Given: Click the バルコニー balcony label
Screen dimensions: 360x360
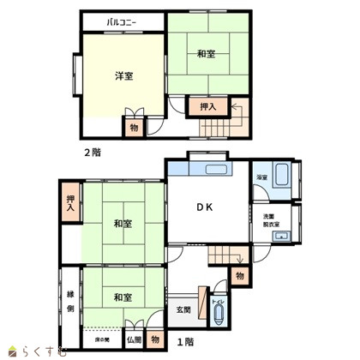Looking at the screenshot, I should coord(123,23).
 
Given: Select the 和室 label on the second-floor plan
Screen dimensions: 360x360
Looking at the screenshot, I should coord(205,55).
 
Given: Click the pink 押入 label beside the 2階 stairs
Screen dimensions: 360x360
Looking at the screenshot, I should coord(208,106).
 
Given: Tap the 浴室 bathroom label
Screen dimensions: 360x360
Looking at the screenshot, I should coord(261,177).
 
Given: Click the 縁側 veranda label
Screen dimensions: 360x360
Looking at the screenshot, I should coord(70,300).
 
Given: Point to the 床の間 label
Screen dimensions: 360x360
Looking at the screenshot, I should coord(102,340).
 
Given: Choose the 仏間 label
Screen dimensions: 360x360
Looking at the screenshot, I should coord(134,340).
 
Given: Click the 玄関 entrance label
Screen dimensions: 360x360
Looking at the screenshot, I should coord(183,309).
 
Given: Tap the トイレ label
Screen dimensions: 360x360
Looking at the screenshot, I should coord(217,303).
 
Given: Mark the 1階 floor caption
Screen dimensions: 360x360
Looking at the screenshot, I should coord(184,342).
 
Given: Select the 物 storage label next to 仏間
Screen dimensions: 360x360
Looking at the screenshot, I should coord(155,339).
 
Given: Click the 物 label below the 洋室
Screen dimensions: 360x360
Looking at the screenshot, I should coord(135,127).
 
